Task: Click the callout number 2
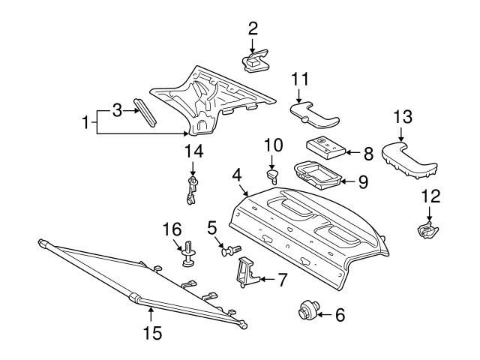[253, 28]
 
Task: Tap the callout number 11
[300, 79]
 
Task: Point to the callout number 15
[151, 332]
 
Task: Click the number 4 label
[236, 175]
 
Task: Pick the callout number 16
[172, 229]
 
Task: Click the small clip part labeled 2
[256, 61]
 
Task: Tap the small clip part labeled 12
[427, 230]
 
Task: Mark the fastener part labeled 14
[193, 190]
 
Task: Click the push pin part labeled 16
[186, 256]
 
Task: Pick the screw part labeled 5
[231, 250]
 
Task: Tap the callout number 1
[86, 121]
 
